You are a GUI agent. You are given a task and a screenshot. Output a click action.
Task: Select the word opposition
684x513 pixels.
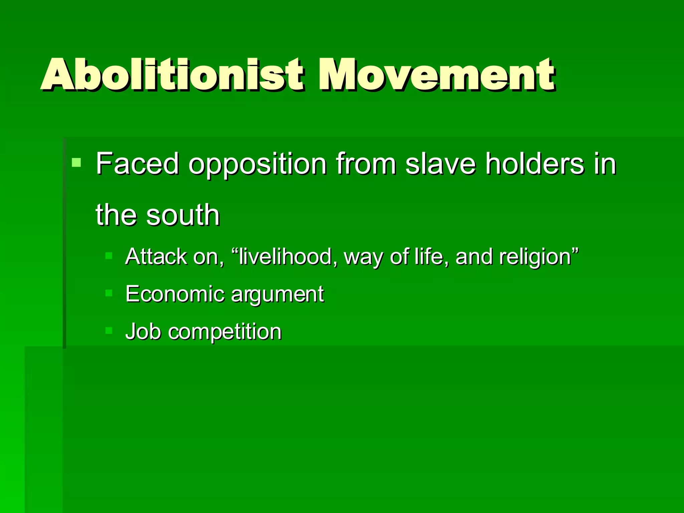tap(257, 164)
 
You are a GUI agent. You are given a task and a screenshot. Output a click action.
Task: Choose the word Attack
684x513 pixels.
tap(156, 256)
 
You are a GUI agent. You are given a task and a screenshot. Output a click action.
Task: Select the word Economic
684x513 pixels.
tap(175, 294)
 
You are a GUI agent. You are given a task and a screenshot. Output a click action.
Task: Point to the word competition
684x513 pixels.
tap(225, 332)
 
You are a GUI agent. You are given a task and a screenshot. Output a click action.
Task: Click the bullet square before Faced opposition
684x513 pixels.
tap(76, 163)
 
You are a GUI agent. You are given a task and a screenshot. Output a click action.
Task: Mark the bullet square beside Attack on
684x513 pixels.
tap(109, 256)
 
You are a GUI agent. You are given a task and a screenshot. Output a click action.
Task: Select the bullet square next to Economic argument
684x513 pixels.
tap(109, 293)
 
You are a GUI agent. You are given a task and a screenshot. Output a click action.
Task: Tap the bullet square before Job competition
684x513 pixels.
tap(109, 331)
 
